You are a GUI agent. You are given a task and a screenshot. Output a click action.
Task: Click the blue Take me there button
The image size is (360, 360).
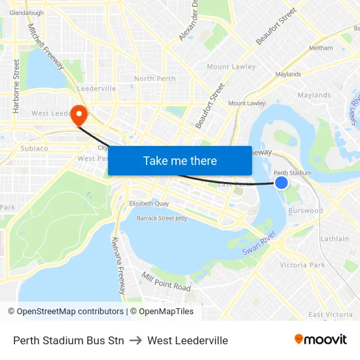180,160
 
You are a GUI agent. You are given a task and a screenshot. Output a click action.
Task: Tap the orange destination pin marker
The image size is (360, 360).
80,115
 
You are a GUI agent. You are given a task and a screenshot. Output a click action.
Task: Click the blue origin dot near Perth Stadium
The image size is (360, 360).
281,183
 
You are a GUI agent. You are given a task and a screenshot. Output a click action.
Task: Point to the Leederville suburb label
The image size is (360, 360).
96,88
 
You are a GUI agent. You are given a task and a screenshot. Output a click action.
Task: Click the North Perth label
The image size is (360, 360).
154,79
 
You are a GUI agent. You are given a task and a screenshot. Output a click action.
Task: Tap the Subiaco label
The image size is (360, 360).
34,148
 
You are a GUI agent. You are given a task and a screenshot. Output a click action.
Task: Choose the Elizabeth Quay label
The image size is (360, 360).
149,204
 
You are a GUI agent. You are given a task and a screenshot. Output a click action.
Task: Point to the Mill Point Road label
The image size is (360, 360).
166,283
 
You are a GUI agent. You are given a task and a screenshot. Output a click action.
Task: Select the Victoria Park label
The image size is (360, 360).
302,265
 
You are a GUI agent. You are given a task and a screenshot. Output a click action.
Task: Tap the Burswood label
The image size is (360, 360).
306,211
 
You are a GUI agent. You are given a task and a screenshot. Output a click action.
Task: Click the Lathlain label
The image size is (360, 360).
334,239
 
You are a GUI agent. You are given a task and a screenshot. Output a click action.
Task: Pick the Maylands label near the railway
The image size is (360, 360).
288,75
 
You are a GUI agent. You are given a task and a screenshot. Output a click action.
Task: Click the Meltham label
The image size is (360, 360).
321,48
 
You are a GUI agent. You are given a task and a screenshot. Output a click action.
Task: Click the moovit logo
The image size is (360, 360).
320,340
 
